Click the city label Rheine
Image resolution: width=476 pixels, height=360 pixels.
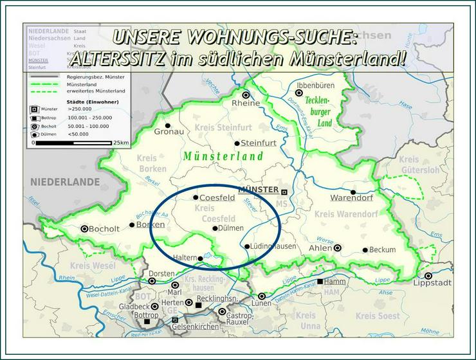point(245,104)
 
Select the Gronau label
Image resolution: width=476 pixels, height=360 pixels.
point(169,132)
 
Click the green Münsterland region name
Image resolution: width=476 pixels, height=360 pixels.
point(223,156)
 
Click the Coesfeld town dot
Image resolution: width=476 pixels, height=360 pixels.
point(196,197)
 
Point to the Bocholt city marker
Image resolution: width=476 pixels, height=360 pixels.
point(84,228)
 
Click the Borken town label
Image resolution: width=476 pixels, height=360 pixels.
point(151,225)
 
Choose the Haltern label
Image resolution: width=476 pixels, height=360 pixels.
point(184,258)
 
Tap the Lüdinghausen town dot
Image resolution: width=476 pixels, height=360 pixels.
point(247,246)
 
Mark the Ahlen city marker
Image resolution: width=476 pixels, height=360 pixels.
point(338,248)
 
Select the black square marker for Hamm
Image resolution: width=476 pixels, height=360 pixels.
point(320,282)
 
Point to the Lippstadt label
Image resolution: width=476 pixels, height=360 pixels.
point(428,283)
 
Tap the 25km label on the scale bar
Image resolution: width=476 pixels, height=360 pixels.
point(120,143)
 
